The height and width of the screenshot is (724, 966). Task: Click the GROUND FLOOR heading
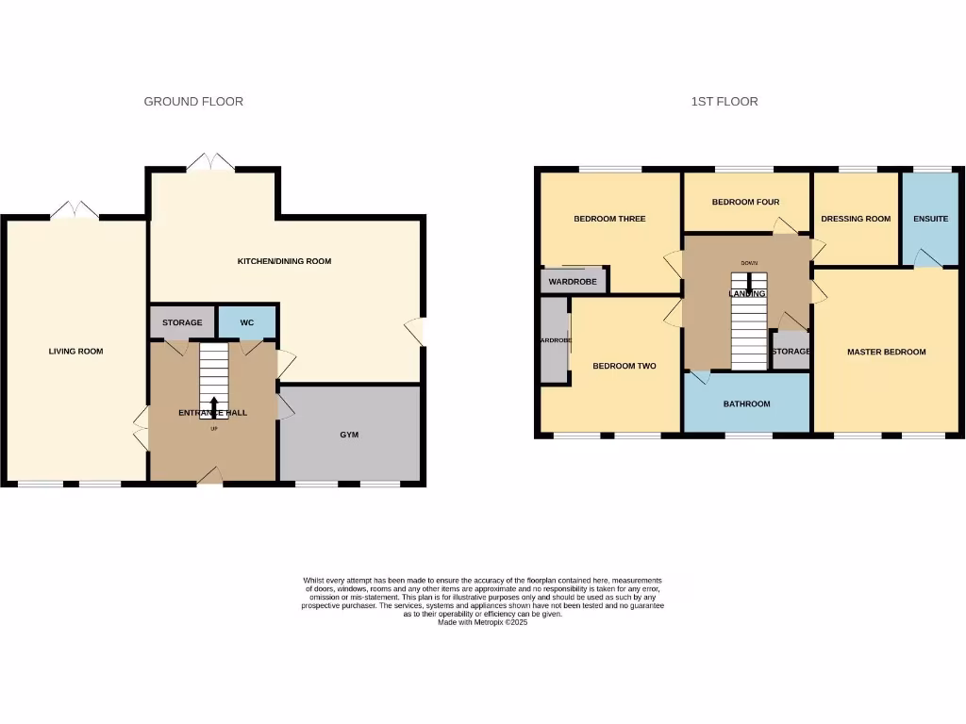click(x=193, y=102)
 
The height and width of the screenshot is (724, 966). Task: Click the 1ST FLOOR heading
click(x=724, y=102)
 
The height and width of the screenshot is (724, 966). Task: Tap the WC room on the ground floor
click(x=247, y=322)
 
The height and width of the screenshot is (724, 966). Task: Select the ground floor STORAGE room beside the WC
click(x=182, y=322)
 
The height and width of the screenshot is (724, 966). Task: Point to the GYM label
click(x=350, y=435)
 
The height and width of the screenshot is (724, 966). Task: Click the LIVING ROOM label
click(x=75, y=352)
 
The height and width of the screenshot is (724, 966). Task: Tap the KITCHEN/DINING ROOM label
click(x=284, y=261)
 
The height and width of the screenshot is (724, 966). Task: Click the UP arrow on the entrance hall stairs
click(x=213, y=407)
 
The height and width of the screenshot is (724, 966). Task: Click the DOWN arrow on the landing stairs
click(x=749, y=280)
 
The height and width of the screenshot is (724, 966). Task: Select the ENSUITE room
click(x=931, y=219)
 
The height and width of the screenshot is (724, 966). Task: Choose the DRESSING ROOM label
click(x=856, y=219)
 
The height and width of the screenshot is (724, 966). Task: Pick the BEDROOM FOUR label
click(x=745, y=202)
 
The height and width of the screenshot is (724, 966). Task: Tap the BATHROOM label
click(x=746, y=403)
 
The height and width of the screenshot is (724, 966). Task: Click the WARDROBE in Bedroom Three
click(x=574, y=280)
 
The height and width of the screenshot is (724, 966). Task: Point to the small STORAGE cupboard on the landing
click(x=791, y=351)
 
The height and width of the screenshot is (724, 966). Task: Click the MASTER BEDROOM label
click(x=886, y=352)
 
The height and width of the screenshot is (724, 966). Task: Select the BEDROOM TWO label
click(x=624, y=366)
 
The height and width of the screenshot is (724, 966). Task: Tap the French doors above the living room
click(x=73, y=210)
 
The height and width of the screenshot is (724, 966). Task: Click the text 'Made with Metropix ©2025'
click(x=483, y=622)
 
